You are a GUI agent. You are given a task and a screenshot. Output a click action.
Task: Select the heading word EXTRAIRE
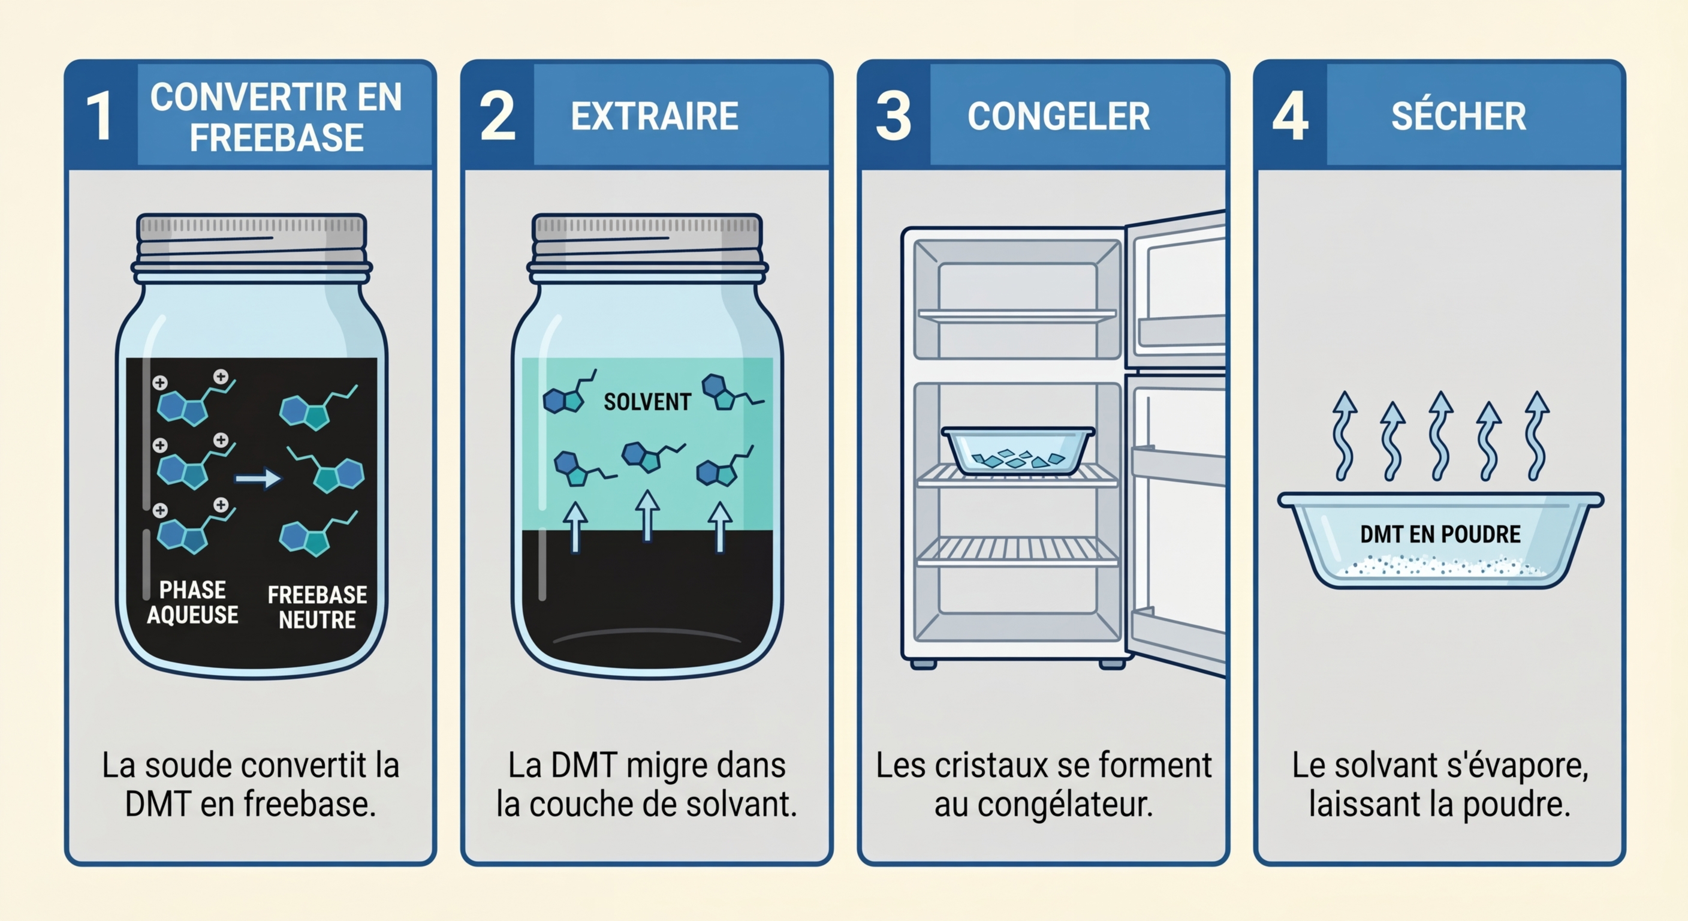655,116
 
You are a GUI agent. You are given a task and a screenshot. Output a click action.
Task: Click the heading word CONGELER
1058,116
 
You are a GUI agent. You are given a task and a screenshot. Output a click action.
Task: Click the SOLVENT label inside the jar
647,401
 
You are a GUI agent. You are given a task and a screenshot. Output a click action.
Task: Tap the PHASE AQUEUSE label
192,603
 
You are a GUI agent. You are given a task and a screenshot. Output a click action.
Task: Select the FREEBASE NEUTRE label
317,606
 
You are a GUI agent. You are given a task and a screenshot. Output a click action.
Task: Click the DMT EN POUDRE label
1440,534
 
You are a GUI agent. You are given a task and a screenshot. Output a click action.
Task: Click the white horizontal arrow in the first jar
258,478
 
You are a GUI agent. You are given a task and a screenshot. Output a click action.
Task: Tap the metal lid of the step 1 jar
252,240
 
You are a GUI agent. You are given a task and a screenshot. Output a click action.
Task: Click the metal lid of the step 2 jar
647,240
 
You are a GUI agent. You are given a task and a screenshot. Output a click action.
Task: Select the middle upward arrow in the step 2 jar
647,516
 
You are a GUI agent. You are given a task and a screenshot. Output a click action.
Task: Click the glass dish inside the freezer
1018,450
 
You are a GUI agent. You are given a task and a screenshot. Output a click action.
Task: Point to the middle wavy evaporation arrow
1440,436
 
